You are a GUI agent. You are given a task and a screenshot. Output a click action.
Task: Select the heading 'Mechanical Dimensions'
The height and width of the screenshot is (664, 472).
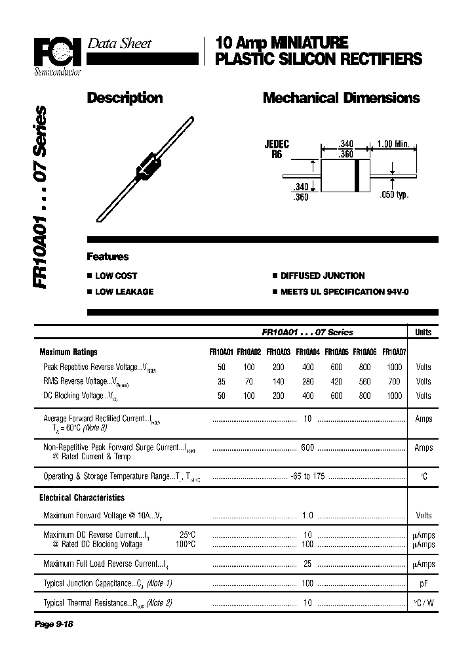click(341, 98)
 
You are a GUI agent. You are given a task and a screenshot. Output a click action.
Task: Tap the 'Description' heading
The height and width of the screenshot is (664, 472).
click(125, 98)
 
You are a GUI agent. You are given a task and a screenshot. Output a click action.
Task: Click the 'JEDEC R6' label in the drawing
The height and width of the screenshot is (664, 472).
click(277, 149)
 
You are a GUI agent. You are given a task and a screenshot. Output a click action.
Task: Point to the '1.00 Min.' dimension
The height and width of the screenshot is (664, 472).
click(393, 144)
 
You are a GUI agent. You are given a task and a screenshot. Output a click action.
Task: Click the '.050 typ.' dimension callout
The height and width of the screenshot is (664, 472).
click(393, 195)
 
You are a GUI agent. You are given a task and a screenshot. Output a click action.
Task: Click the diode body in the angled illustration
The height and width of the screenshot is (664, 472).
click(148, 166)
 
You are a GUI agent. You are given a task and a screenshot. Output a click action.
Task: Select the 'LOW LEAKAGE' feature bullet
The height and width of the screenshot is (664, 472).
click(124, 291)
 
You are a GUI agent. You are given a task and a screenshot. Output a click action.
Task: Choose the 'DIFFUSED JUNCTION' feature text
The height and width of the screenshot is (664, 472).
click(323, 276)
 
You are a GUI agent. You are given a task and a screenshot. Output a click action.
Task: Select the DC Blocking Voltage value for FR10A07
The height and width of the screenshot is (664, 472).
click(394, 396)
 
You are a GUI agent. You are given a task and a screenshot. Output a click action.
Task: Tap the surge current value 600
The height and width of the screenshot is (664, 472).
click(307, 447)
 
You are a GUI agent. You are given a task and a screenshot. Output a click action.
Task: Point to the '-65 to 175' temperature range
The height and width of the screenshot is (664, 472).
click(307, 476)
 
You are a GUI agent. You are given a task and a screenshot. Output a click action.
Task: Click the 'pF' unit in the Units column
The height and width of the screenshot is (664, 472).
click(423, 583)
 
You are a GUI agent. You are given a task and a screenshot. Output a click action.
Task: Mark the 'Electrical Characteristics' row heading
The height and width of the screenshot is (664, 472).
click(82, 498)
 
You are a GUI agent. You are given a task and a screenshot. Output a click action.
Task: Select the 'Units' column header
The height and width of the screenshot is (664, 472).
click(423, 333)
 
